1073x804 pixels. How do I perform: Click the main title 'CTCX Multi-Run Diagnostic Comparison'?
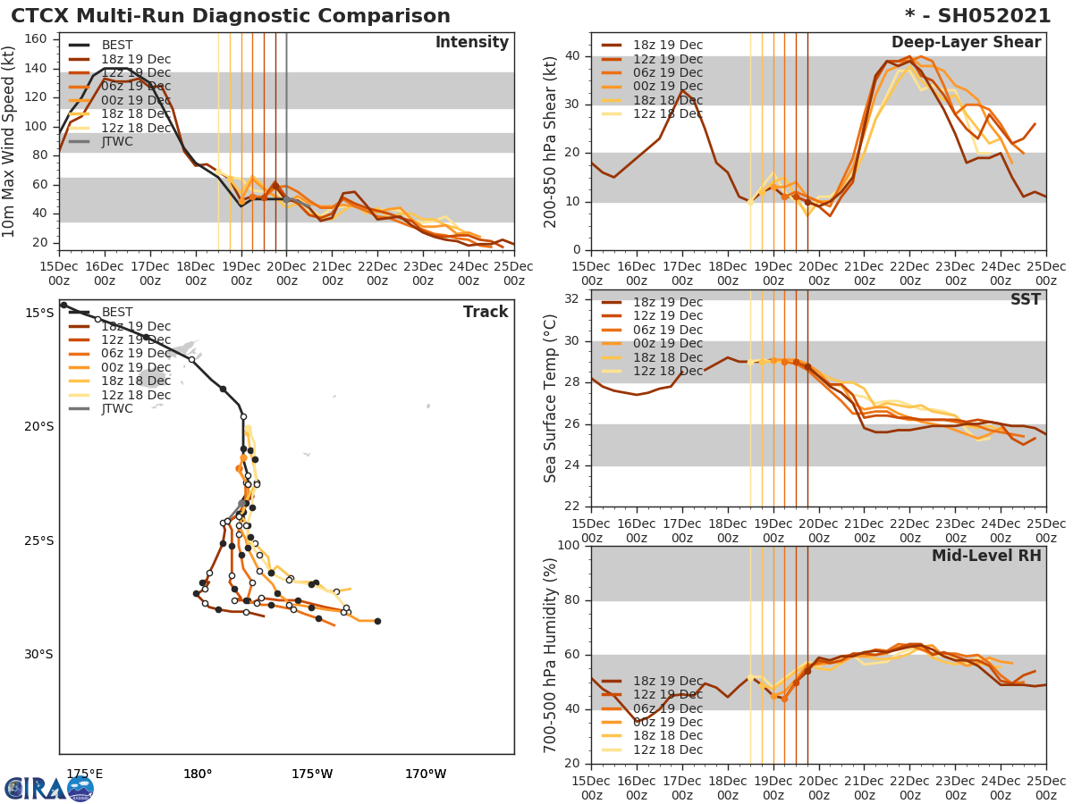point(231,16)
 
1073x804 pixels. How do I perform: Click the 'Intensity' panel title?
point(472,43)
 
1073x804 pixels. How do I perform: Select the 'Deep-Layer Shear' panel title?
point(966,43)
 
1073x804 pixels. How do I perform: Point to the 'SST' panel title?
point(1026,300)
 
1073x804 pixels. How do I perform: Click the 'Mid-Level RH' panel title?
point(986,556)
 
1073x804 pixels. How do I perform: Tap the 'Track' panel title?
point(486,312)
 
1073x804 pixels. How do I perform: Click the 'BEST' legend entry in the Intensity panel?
point(117,46)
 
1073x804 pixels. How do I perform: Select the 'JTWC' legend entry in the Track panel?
point(117,409)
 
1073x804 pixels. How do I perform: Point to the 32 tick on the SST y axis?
point(573,297)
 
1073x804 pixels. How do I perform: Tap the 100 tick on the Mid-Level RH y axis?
point(569,546)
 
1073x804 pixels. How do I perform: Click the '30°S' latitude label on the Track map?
point(38,655)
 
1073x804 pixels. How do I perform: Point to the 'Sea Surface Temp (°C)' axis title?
point(551,398)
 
